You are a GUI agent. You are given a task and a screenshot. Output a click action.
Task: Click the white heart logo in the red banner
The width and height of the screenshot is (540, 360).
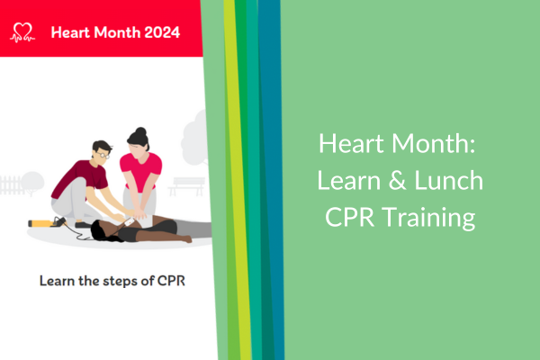pyautogui.click(x=22, y=32)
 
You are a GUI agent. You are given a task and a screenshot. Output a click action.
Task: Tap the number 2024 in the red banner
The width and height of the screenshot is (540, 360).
pyautogui.click(x=162, y=32)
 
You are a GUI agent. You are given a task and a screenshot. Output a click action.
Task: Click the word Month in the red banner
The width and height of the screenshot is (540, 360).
pyautogui.click(x=117, y=32)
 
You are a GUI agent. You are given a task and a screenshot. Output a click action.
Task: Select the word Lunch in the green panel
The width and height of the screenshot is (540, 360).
pyautogui.click(x=448, y=180)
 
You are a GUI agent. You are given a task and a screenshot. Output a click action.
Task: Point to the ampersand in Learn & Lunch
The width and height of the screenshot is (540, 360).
pyautogui.click(x=397, y=181)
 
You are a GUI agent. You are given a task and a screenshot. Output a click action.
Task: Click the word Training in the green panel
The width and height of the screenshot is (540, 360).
pyautogui.click(x=428, y=219)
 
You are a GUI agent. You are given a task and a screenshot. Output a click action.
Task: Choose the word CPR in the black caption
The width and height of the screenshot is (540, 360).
pyautogui.click(x=171, y=281)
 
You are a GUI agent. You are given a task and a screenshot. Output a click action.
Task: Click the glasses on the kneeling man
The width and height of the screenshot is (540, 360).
pyautogui.click(x=103, y=155)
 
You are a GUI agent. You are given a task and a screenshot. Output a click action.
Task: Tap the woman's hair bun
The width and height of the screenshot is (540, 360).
pyautogui.click(x=140, y=131)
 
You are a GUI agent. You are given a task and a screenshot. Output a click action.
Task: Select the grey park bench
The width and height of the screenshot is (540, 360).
pyautogui.click(x=187, y=186)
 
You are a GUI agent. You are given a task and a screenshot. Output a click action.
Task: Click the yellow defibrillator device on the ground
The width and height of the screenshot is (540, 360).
pyautogui.click(x=41, y=224)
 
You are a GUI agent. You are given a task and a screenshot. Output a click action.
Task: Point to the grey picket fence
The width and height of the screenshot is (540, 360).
pyautogui.click(x=11, y=185)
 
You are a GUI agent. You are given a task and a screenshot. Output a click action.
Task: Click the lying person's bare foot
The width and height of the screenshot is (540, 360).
pyautogui.click(x=185, y=238)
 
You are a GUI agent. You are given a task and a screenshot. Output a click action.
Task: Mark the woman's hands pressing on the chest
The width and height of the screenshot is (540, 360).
pyautogui.click(x=140, y=215)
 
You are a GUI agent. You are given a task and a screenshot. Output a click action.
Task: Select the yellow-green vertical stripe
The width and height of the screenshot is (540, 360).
pyautogui.click(x=238, y=180)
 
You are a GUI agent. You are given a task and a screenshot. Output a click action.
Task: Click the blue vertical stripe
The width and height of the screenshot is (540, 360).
pyautogui.click(x=272, y=180)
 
